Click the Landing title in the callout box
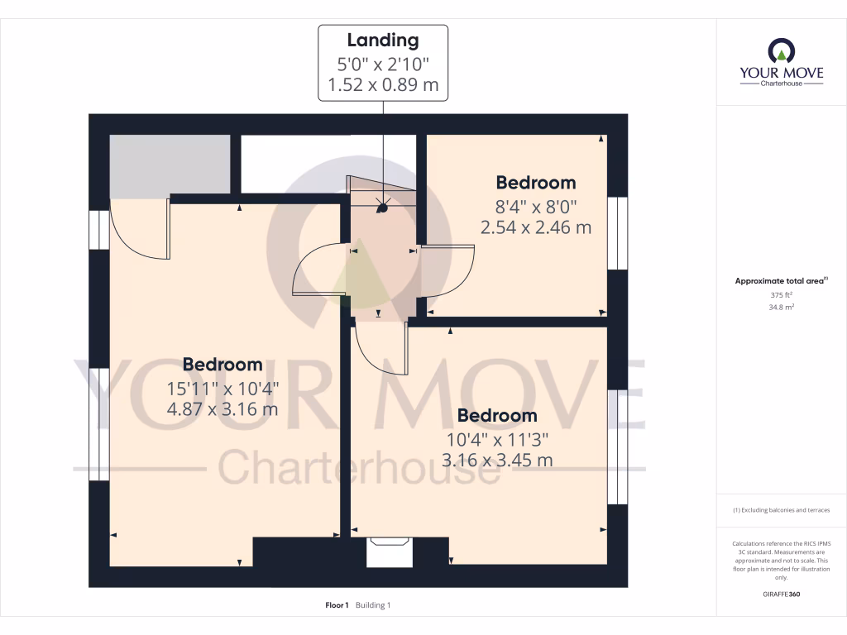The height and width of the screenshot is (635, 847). tap(383, 40)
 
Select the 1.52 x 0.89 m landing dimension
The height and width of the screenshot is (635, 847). tap(383, 84)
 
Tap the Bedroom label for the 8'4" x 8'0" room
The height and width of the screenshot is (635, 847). tap(535, 183)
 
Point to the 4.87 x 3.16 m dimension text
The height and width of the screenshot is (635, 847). tap(223, 408)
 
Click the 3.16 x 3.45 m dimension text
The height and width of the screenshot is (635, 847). tap(497, 460)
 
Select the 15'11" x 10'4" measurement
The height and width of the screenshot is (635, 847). tap(223, 387)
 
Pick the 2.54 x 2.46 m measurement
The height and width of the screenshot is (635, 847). tap(535, 227)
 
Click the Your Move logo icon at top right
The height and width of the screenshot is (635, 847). tap(781, 51)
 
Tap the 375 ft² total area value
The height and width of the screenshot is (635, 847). tap(781, 294)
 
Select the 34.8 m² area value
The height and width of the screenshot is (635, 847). tap(781, 307)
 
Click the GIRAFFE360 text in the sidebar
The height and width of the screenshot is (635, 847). tap(781, 594)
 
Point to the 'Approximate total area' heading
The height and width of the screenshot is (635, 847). tap(779, 281)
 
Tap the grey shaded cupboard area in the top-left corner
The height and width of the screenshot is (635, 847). tap(170, 165)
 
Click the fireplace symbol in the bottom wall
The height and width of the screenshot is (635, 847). tap(389, 551)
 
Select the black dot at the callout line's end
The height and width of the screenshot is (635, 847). tap(381, 209)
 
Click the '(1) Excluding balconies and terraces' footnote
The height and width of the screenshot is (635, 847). tap(781, 510)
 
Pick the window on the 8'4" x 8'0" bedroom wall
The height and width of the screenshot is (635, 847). tap(617, 232)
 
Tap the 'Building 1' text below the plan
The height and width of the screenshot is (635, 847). tap(373, 605)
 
